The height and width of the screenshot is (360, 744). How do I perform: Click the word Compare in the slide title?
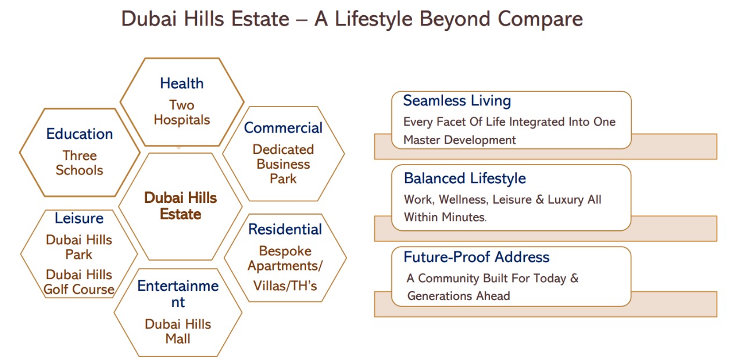pyautogui.click(x=540, y=20)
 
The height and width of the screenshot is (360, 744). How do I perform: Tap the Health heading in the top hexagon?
pyautogui.click(x=182, y=83)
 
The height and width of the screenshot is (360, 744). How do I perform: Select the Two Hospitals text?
pyautogui.click(x=182, y=112)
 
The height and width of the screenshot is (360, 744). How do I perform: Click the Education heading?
pyautogui.click(x=80, y=134)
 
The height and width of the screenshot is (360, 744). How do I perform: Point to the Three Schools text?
pyautogui.click(x=80, y=163)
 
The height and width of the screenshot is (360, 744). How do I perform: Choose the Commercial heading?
pyautogui.click(x=283, y=127)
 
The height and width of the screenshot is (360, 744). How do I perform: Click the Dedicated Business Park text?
pyautogui.click(x=283, y=164)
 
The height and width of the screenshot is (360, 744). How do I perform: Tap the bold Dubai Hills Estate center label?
pyautogui.click(x=180, y=206)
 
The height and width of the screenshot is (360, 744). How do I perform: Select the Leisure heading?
pyautogui.click(x=79, y=219)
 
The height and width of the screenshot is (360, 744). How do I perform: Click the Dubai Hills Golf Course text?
pyautogui.click(x=79, y=282)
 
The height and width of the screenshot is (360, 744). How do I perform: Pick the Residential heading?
pyautogui.click(x=285, y=229)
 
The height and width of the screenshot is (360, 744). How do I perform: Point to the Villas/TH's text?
pyautogui.click(x=285, y=286)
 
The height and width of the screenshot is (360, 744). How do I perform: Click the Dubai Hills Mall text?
pyautogui.click(x=178, y=332)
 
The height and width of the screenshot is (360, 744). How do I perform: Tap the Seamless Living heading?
pyautogui.click(x=457, y=101)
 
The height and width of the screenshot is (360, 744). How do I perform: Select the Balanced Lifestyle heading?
pyautogui.click(x=465, y=179)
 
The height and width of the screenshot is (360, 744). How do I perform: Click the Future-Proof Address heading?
pyautogui.click(x=477, y=257)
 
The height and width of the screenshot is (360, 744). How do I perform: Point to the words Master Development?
pyautogui.click(x=460, y=140)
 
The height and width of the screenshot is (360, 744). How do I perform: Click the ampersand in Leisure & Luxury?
pyautogui.click(x=540, y=199)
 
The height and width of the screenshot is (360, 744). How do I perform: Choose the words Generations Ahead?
pyautogui.click(x=459, y=296)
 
